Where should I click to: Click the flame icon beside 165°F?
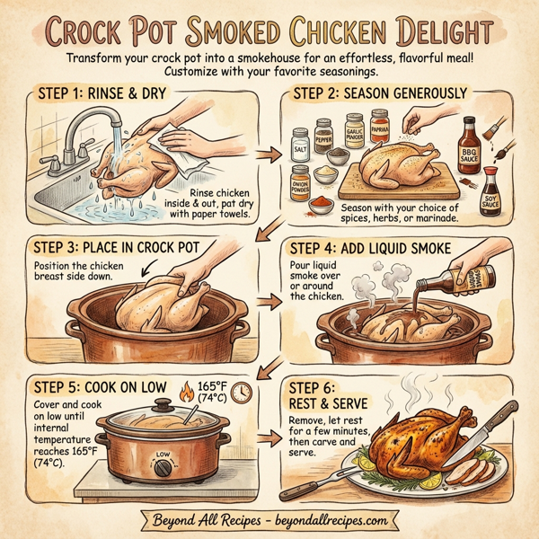187,392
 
